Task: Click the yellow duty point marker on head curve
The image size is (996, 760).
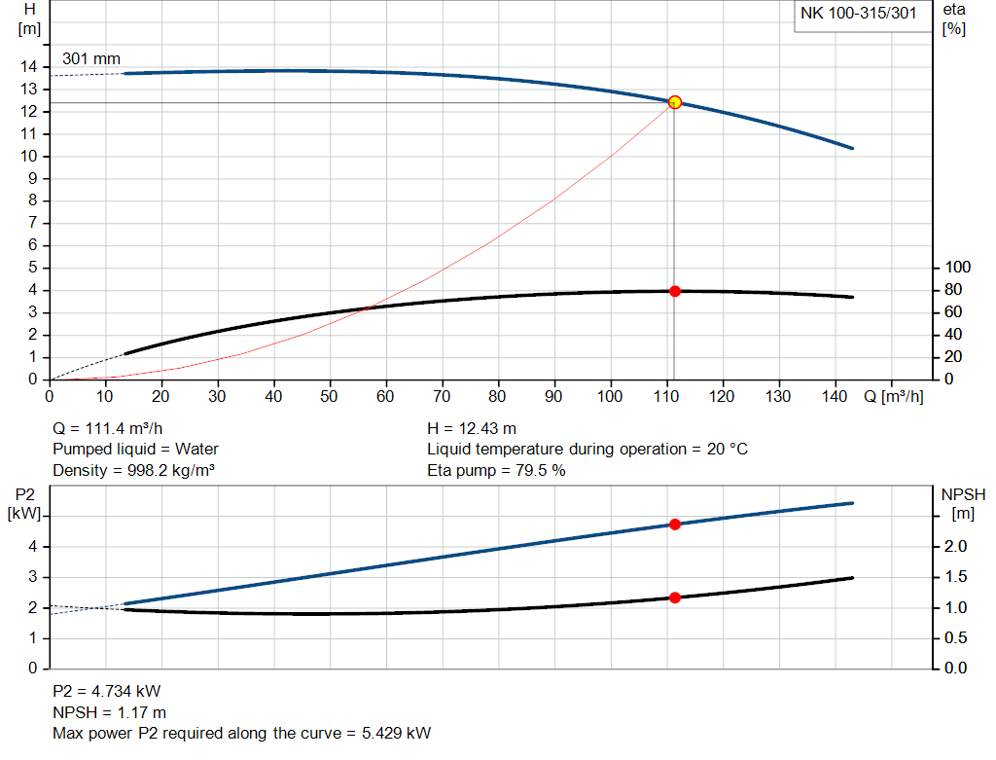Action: tap(674, 102)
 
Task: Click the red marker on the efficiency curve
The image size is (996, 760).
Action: tap(674, 291)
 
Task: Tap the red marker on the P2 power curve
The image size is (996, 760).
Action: tap(674, 525)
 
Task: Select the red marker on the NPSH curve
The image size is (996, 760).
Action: tap(674, 597)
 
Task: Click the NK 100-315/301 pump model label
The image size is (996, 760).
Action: tap(858, 14)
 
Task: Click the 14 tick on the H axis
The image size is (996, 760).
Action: tap(31, 66)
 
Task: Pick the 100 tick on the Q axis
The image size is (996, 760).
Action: tap(611, 397)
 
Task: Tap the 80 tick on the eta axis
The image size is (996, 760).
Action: tap(957, 290)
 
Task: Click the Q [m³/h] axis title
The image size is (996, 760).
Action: tap(893, 397)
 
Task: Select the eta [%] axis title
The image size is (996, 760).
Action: tap(954, 18)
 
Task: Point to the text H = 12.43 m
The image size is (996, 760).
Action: tap(472, 428)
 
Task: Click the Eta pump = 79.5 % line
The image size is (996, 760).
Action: tap(496, 471)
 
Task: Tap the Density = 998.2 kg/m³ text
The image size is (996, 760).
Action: tap(133, 471)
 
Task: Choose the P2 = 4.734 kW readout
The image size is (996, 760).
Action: tap(106, 691)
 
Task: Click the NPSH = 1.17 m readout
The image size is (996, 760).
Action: tap(109, 712)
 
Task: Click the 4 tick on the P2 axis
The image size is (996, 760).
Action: tap(32, 547)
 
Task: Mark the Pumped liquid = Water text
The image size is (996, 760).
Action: tap(135, 450)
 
